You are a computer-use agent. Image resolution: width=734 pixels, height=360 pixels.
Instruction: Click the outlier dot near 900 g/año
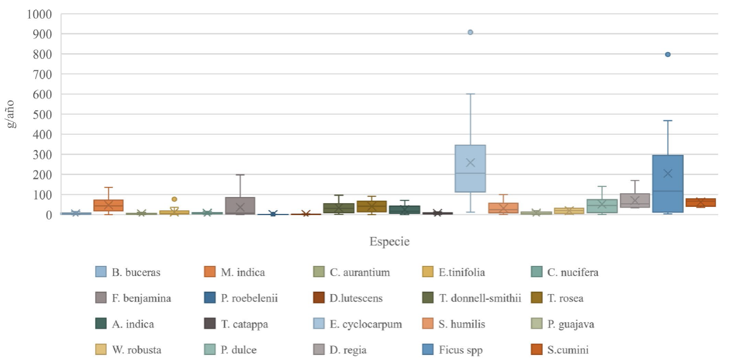(x=470, y=32)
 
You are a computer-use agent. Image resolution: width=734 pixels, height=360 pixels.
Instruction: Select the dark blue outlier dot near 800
(x=668, y=55)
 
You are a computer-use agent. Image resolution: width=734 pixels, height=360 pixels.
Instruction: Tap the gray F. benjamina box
(x=240, y=205)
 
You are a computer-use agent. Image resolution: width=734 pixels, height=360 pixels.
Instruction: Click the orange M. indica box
(x=108, y=205)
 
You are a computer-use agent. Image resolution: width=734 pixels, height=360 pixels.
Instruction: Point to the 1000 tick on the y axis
(x=48, y=14)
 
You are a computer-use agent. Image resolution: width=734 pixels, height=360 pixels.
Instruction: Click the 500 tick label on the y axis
(x=48, y=114)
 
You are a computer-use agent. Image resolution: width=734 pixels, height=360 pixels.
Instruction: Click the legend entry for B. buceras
(x=129, y=272)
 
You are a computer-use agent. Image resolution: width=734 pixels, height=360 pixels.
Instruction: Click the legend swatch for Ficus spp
(x=429, y=350)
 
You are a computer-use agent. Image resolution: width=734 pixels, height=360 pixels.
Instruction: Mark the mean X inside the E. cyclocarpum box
(x=470, y=162)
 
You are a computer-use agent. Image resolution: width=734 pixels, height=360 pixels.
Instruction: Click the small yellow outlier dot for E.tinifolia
(x=174, y=199)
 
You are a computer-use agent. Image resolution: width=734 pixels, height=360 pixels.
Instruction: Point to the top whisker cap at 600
(x=470, y=94)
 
